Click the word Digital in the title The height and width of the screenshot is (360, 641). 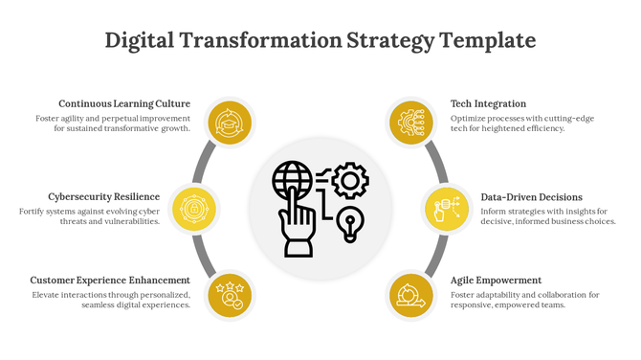[140, 41]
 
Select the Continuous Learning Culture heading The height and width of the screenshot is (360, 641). [124, 103]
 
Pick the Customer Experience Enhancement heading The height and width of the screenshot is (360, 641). [111, 281]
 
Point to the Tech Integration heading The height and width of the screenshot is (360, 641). [488, 103]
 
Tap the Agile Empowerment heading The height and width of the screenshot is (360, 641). [496, 281]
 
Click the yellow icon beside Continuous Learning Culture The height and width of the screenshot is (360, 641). [230, 124]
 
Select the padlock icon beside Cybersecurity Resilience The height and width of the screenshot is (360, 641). [194, 208]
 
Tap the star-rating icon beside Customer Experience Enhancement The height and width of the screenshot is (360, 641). [230, 293]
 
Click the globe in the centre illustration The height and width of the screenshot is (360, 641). [293, 180]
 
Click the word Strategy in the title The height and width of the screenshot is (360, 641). [390, 41]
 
